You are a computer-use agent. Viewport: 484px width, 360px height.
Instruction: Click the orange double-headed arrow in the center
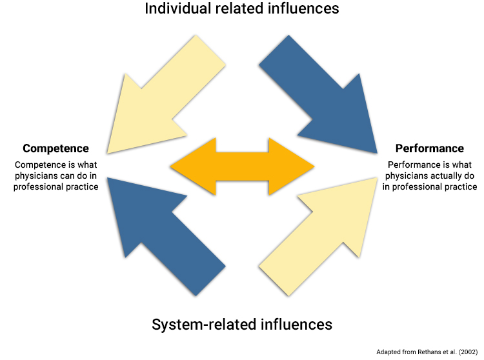pyautogui.click(x=242, y=166)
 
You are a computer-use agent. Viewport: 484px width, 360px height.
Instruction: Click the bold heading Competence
pyautogui.click(x=55, y=149)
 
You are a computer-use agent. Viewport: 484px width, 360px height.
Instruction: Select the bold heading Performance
pyautogui.click(x=429, y=149)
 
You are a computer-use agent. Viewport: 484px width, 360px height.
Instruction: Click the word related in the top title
pyautogui.click(x=239, y=9)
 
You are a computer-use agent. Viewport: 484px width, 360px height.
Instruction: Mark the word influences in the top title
pyautogui.click(x=302, y=9)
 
